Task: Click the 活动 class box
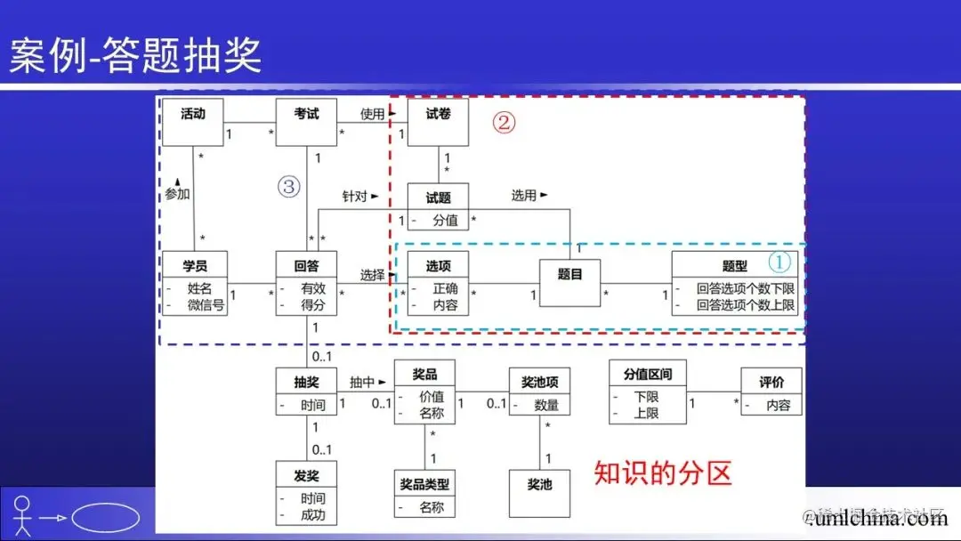(x=192, y=122)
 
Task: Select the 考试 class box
(x=306, y=122)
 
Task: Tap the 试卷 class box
(x=438, y=122)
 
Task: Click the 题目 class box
(x=569, y=283)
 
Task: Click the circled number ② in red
(x=504, y=124)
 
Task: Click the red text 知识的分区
(x=663, y=472)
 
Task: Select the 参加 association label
(x=178, y=193)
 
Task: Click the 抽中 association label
(x=362, y=382)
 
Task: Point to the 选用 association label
(x=525, y=195)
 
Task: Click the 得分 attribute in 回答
(x=313, y=305)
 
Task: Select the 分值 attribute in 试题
(x=445, y=220)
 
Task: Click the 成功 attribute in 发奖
(x=313, y=514)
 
